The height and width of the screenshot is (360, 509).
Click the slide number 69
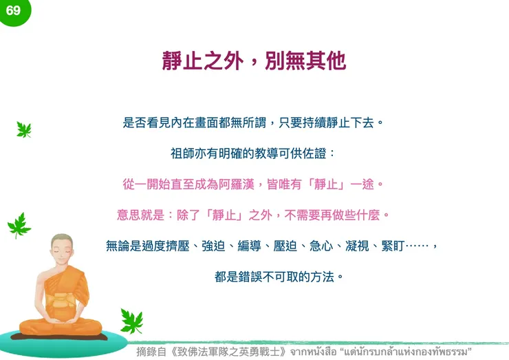pos(13,10)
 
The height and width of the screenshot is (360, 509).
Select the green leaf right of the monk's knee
pos(130,321)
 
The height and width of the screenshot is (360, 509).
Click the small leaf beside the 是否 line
pos(24,129)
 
